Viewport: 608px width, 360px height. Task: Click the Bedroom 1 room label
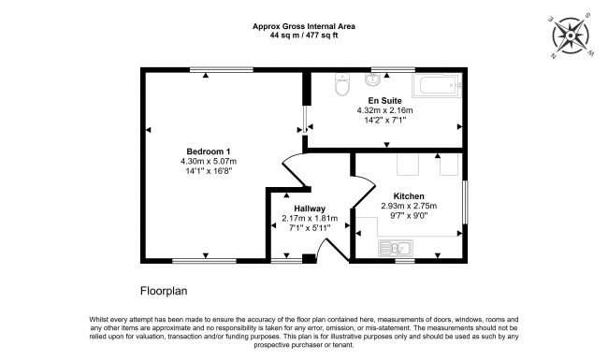click(209, 151)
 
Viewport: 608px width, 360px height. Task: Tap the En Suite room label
click(384, 101)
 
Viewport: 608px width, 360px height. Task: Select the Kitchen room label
click(409, 196)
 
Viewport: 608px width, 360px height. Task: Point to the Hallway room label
click(310, 209)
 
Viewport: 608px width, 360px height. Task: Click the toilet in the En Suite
click(342, 84)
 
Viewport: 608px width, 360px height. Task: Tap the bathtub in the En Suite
click(437, 85)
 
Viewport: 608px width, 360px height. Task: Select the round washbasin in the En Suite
click(372, 79)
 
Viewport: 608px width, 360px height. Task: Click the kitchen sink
click(396, 248)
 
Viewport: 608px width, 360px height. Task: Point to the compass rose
click(571, 36)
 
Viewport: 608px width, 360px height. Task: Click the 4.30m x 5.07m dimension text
click(209, 161)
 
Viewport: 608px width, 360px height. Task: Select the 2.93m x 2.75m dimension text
click(409, 206)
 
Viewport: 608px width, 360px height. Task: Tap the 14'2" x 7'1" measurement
click(384, 120)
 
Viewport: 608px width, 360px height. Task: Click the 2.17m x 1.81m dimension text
click(310, 218)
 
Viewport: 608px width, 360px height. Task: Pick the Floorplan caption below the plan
click(164, 291)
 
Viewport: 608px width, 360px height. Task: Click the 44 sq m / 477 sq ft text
click(304, 36)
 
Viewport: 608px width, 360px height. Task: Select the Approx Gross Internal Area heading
click(304, 26)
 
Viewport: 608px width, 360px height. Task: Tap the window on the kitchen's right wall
click(465, 202)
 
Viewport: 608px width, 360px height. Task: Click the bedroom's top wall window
click(222, 70)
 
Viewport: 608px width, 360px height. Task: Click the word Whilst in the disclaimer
click(98, 320)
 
